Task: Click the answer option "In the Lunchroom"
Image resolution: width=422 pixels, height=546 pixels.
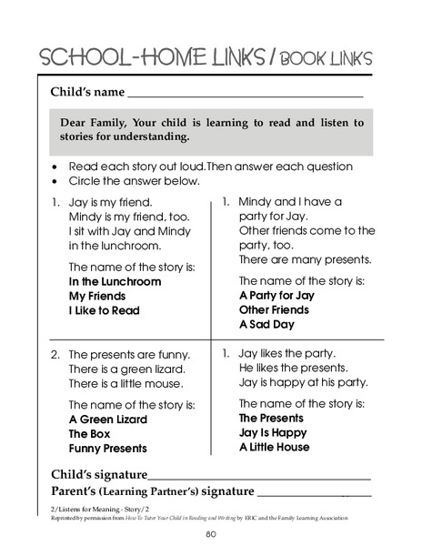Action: [116, 282]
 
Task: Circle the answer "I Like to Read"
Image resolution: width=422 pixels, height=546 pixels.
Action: [105, 310]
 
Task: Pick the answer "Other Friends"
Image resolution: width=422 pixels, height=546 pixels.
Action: [274, 309]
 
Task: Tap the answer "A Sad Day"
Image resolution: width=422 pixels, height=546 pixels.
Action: [267, 323]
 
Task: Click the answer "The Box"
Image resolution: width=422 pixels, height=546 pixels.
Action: [89, 434]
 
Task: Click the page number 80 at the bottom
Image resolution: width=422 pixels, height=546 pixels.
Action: [210, 534]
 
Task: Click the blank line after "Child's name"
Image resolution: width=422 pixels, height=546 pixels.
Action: [246, 95]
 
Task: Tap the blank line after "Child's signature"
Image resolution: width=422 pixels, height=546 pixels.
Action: [259, 477]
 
